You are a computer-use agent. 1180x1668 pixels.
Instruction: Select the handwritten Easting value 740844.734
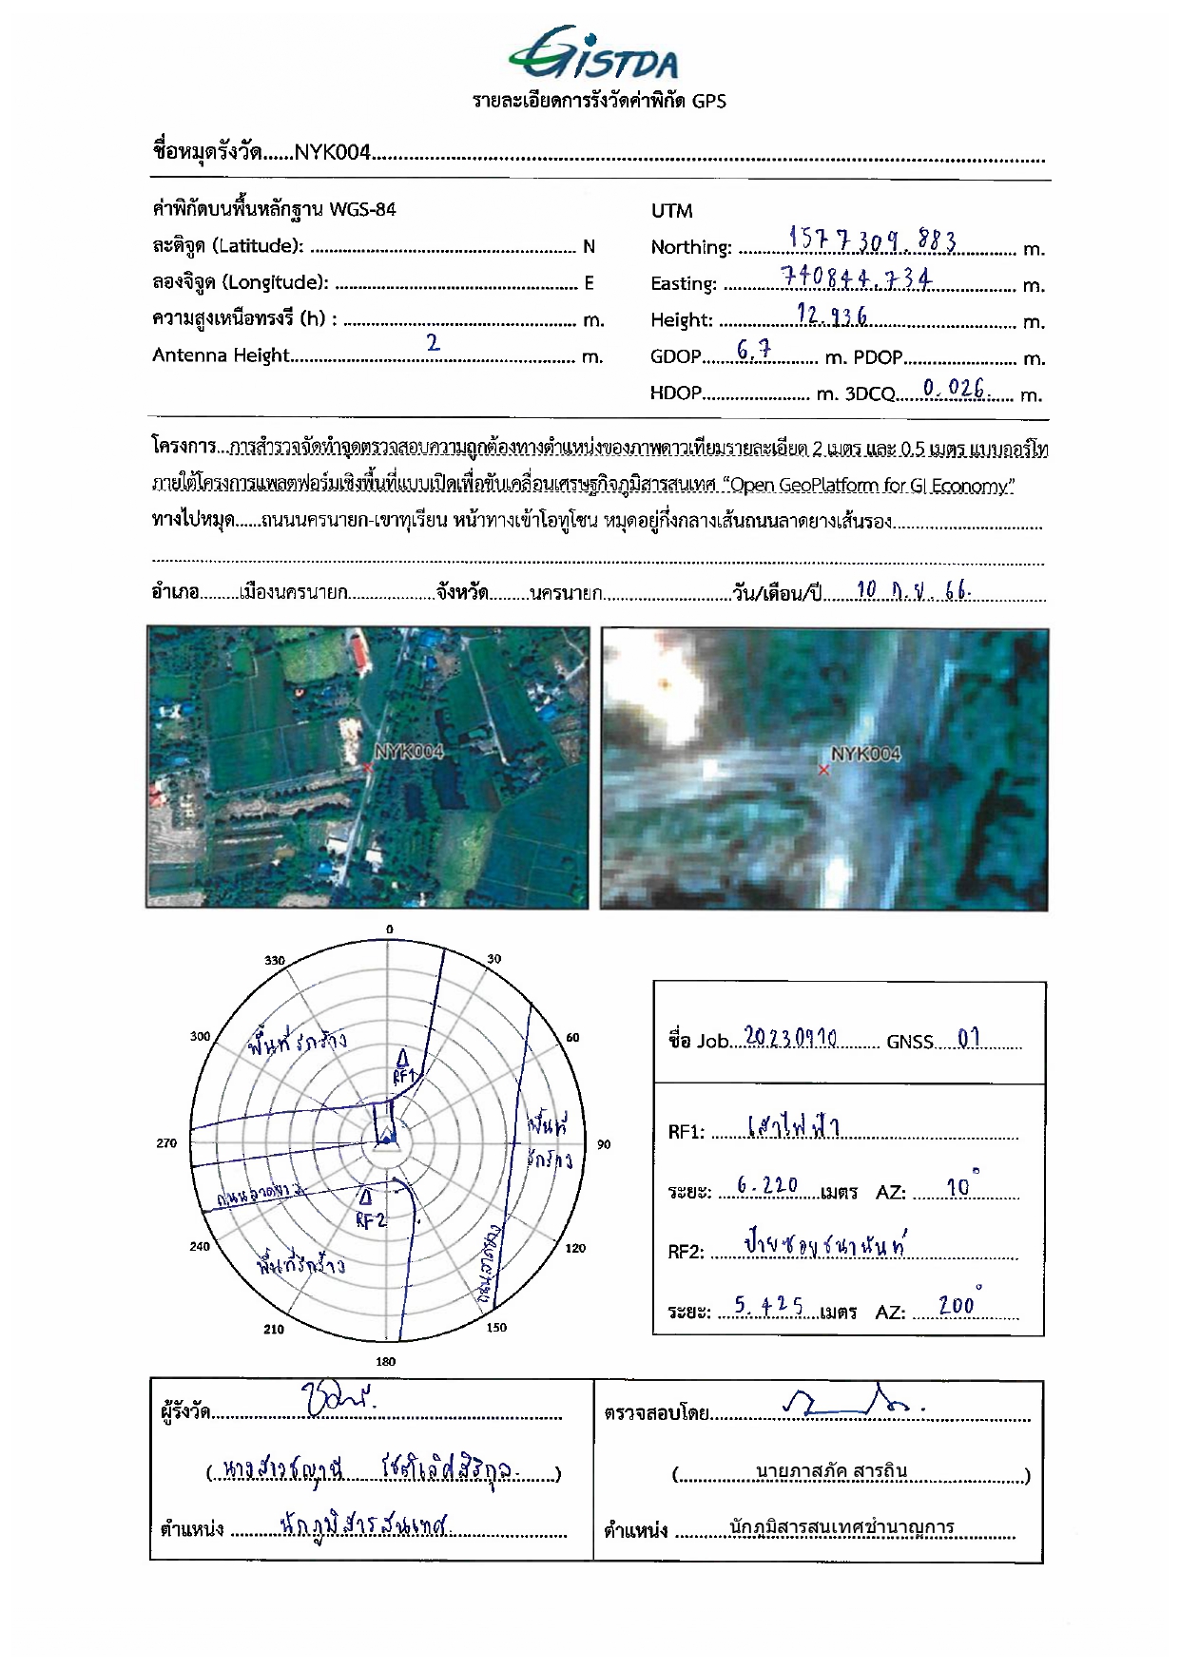(855, 277)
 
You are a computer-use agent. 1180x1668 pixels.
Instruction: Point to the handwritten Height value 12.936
(832, 316)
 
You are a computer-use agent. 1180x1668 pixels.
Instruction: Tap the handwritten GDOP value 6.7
(754, 351)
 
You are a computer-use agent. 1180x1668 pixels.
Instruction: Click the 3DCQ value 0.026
(954, 388)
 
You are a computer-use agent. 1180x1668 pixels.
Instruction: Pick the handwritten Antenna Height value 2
(434, 343)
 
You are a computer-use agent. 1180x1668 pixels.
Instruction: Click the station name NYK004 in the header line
(332, 152)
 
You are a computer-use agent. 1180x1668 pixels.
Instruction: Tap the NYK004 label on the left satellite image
(409, 752)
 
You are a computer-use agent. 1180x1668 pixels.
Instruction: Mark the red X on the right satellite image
(823, 770)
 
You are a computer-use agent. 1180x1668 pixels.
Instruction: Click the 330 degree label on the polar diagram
(275, 960)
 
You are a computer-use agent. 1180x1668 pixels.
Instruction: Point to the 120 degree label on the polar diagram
(575, 1248)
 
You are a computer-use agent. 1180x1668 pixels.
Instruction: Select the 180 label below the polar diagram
(385, 1361)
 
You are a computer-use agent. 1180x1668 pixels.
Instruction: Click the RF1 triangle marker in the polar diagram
(402, 1058)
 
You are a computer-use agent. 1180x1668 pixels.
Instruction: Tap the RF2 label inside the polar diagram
(371, 1220)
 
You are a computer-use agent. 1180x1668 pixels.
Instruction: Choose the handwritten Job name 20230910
(790, 1037)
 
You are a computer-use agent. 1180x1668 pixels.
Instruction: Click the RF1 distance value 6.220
(767, 1185)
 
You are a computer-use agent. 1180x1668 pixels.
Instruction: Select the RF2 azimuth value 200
(957, 1306)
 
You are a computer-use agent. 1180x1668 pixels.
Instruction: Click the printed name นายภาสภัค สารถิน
(831, 1471)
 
